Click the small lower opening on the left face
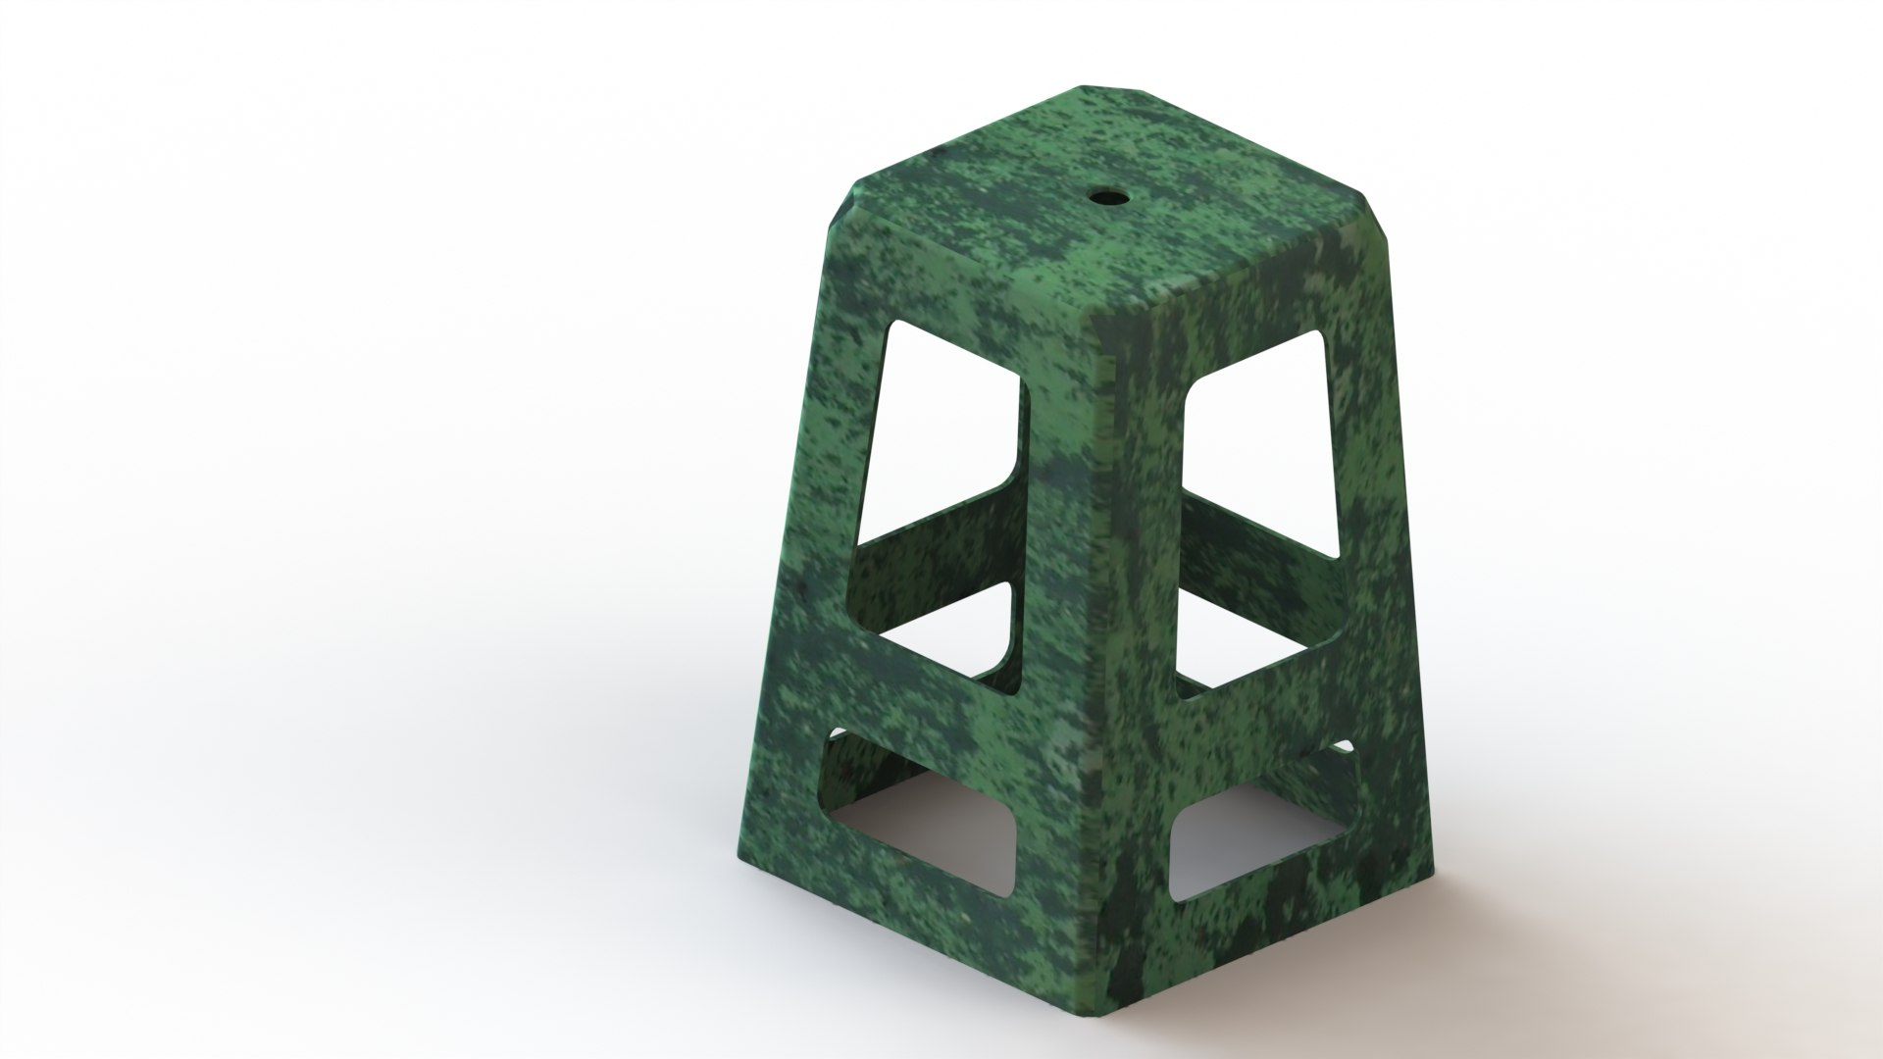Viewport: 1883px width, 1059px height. point(917,794)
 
